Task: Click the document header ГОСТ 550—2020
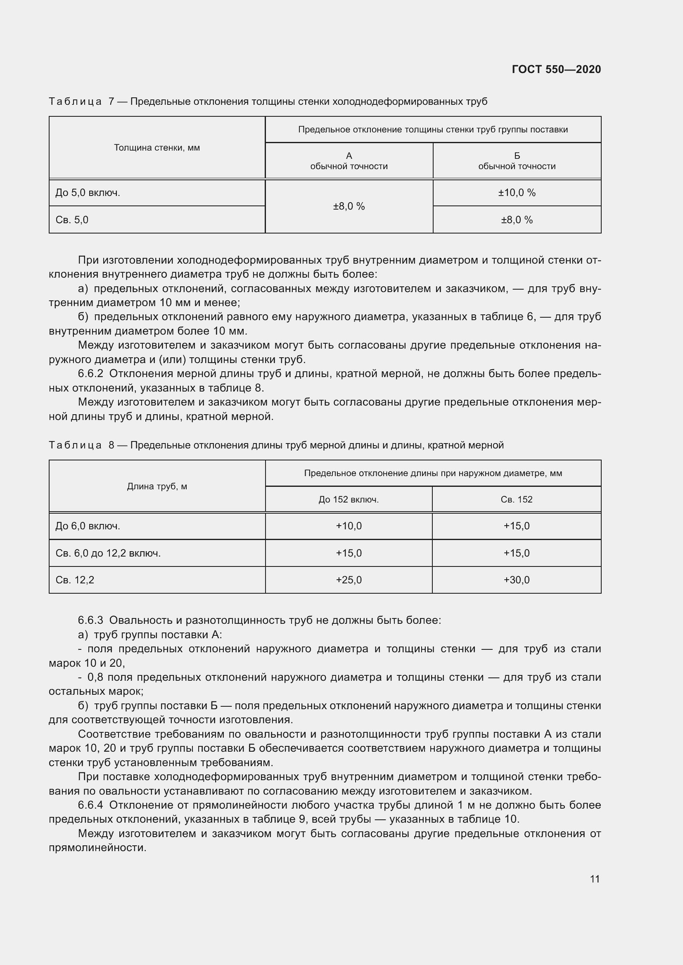click(556, 69)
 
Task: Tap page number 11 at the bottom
click(595, 878)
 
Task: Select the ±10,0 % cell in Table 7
click(517, 193)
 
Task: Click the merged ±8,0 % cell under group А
click(349, 206)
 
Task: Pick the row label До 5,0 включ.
click(88, 193)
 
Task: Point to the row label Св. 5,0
click(72, 220)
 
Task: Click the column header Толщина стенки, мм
click(157, 148)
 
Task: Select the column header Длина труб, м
click(157, 486)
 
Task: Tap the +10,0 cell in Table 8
click(349, 526)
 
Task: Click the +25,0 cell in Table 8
click(349, 580)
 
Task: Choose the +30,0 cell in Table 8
click(517, 580)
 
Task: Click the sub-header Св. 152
click(517, 499)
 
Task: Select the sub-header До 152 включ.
click(349, 499)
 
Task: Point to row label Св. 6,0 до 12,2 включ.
click(108, 553)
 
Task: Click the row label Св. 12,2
click(75, 580)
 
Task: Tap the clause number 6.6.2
click(90, 374)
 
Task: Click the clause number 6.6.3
click(90, 621)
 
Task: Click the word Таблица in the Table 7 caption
click(75, 102)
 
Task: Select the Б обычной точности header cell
click(517, 161)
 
